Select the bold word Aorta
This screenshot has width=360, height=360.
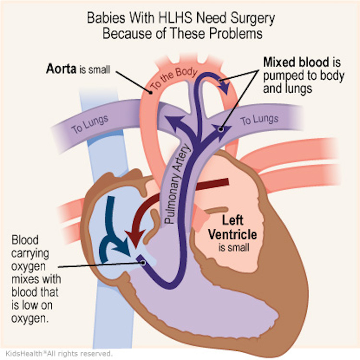(x=61, y=70)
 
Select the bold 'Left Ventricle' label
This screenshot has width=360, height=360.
(x=239, y=228)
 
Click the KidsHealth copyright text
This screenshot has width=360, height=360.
(x=57, y=353)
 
